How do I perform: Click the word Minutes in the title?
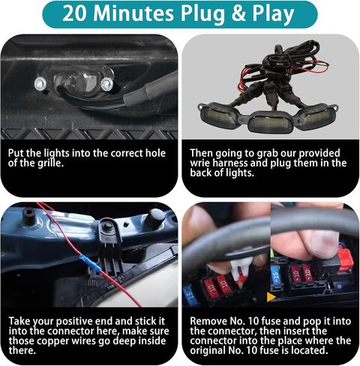[x=133, y=13]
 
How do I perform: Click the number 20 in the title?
[x=75, y=13]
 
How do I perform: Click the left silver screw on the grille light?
[x=40, y=84]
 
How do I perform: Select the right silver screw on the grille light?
[x=107, y=84]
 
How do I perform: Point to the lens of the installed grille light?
[x=75, y=82]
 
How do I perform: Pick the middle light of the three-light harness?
[x=271, y=122]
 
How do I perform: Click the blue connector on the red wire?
[x=91, y=264]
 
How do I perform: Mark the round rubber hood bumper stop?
[x=155, y=217]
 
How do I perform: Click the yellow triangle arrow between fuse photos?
[x=271, y=297]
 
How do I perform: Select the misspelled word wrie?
[x=200, y=163]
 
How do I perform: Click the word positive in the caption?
[x=74, y=322]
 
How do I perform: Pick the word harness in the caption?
[x=230, y=163]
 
